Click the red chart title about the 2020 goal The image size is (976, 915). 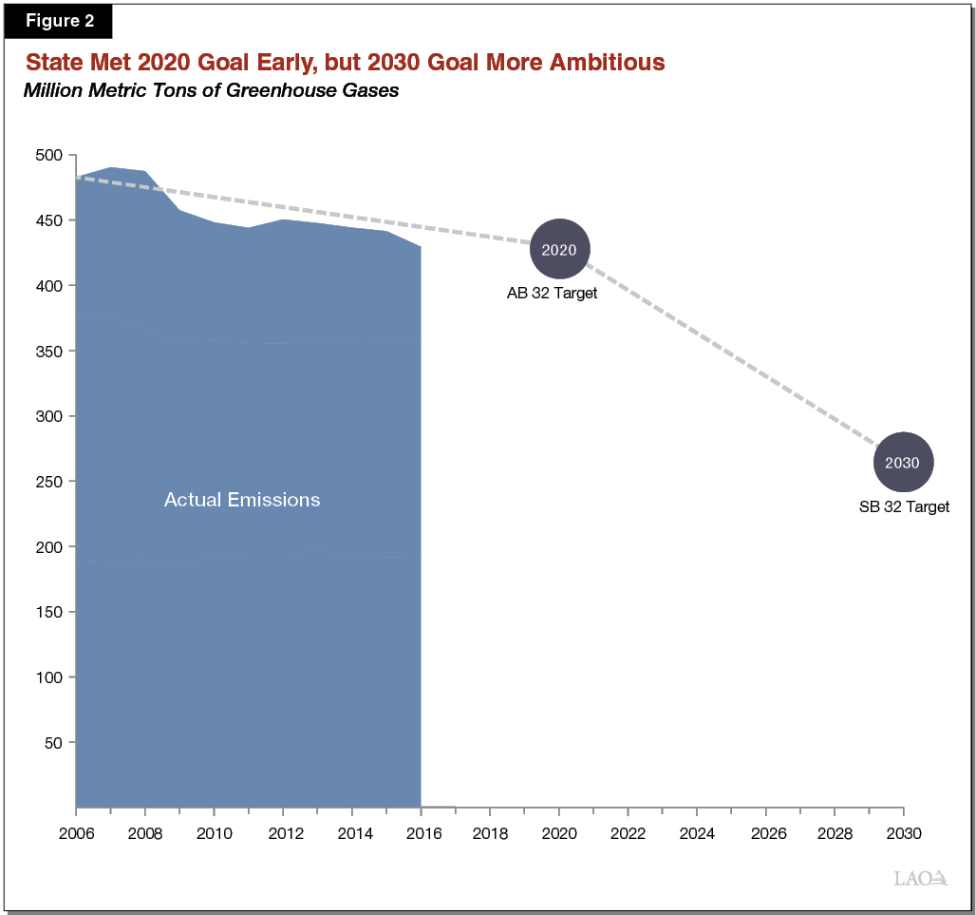[345, 63]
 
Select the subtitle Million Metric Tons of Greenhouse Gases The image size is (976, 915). [211, 91]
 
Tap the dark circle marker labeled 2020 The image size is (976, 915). [559, 249]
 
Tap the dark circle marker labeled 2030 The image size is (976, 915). [903, 463]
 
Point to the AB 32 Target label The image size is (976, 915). [552, 294]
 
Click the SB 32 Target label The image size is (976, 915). [904, 507]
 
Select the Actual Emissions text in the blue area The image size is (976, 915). [242, 500]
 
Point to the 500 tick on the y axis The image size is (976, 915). [48, 155]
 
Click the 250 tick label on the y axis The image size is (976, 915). [48, 482]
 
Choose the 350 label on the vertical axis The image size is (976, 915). [48, 351]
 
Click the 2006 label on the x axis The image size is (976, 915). [76, 832]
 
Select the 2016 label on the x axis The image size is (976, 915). [421, 832]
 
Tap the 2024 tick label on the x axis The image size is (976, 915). [696, 832]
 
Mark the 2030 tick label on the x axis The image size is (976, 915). [903, 832]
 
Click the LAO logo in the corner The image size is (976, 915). [920, 878]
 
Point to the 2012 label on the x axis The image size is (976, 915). [283, 832]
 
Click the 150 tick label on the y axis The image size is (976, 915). [48, 612]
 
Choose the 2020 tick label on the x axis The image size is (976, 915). [558, 832]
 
